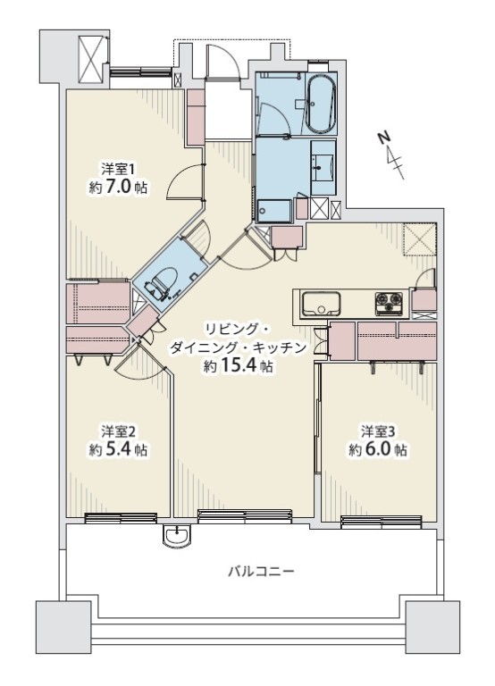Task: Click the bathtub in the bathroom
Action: point(321,104)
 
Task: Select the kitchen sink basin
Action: point(320,303)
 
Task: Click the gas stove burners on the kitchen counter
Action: point(389,303)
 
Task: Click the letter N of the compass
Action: point(384,138)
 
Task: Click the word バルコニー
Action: point(261,572)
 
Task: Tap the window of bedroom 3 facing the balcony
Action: point(382,521)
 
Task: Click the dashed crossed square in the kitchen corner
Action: point(420,239)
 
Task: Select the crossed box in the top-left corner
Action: point(92,60)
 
